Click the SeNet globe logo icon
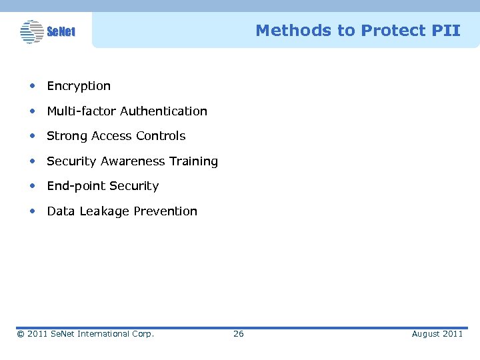pos(31,31)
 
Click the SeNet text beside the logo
pos(61,32)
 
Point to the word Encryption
pos(79,86)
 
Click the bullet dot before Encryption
pos(32,86)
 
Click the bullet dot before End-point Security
pos(32,186)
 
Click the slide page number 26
pos(238,334)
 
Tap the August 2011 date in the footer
pos(437,334)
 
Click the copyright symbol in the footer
pos(21,334)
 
